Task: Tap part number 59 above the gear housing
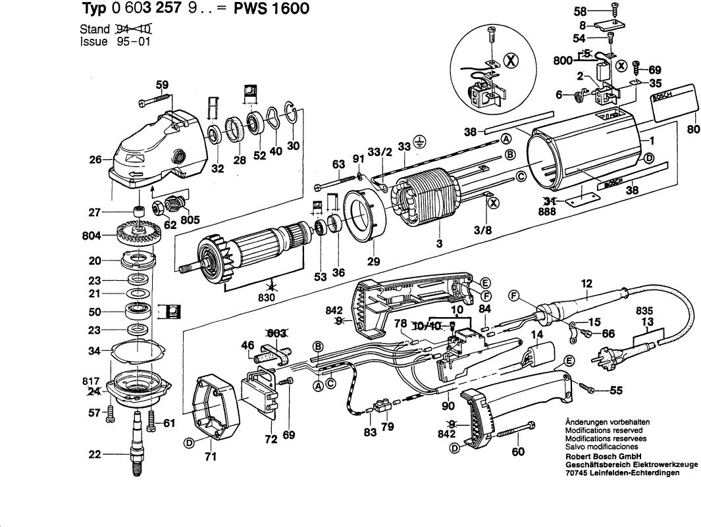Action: pyautogui.click(x=162, y=85)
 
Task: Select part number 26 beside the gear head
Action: pyautogui.click(x=95, y=159)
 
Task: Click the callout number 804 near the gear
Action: pyautogui.click(x=91, y=235)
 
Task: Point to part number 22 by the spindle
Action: pyautogui.click(x=95, y=454)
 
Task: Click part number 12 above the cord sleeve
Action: pyautogui.click(x=586, y=284)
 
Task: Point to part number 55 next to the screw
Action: pyautogui.click(x=615, y=390)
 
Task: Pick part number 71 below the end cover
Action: pyautogui.click(x=210, y=457)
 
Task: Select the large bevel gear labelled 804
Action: pyautogui.click(x=136, y=235)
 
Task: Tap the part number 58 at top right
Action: pyautogui.click(x=579, y=12)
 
